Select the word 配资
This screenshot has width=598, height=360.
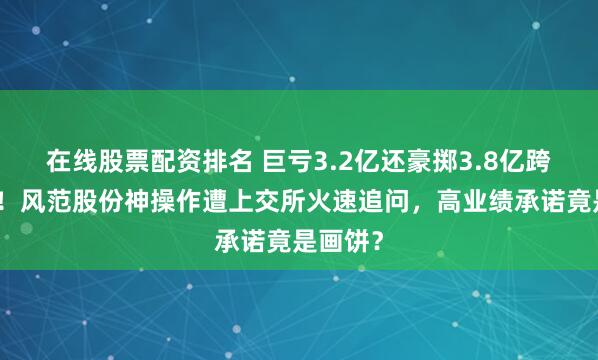click(152, 158)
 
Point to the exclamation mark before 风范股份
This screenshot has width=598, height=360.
click(6, 186)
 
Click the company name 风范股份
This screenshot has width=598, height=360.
click(63, 186)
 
